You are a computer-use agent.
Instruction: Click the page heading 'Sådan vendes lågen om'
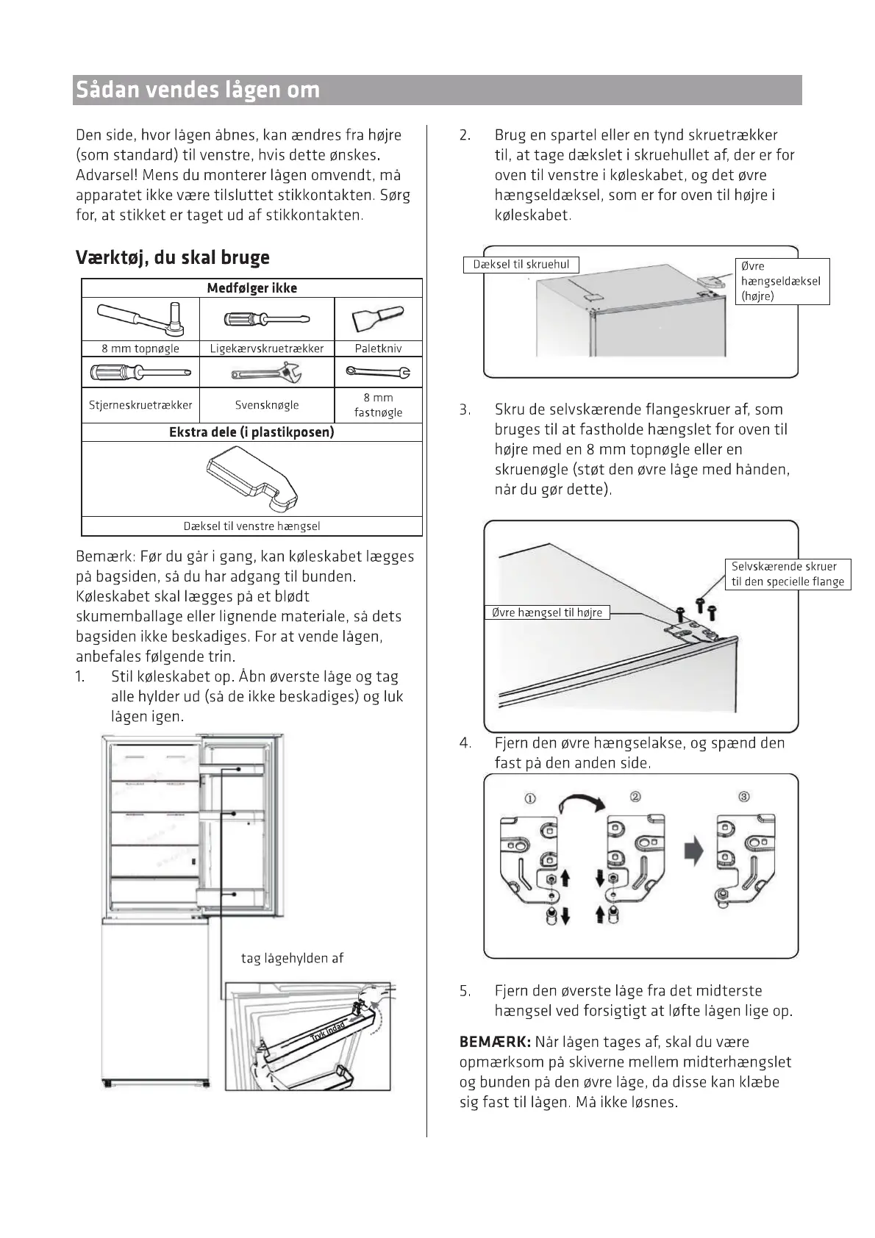198,90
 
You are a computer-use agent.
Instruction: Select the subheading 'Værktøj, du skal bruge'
173,257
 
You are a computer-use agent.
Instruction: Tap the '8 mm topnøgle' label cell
140,348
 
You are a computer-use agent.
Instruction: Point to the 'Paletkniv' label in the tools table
378,348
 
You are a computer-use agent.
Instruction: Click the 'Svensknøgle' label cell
267,405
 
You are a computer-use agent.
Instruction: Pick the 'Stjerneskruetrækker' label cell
140,405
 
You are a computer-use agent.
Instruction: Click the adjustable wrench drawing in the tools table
266,373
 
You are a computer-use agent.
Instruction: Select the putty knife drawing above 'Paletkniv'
378,318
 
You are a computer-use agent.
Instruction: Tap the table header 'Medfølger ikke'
252,288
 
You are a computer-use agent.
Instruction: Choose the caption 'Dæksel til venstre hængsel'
251,526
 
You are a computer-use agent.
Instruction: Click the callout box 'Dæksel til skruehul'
521,265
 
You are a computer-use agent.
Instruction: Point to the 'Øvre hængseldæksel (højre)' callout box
782,281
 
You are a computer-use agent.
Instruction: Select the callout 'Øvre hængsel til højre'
547,612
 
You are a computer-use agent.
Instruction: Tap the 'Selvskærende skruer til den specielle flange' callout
787,574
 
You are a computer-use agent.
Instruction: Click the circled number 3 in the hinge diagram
744,797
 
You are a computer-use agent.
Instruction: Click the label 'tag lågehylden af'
292,959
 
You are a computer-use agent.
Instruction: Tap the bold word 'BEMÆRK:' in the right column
495,1042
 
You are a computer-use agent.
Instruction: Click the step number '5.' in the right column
465,991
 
